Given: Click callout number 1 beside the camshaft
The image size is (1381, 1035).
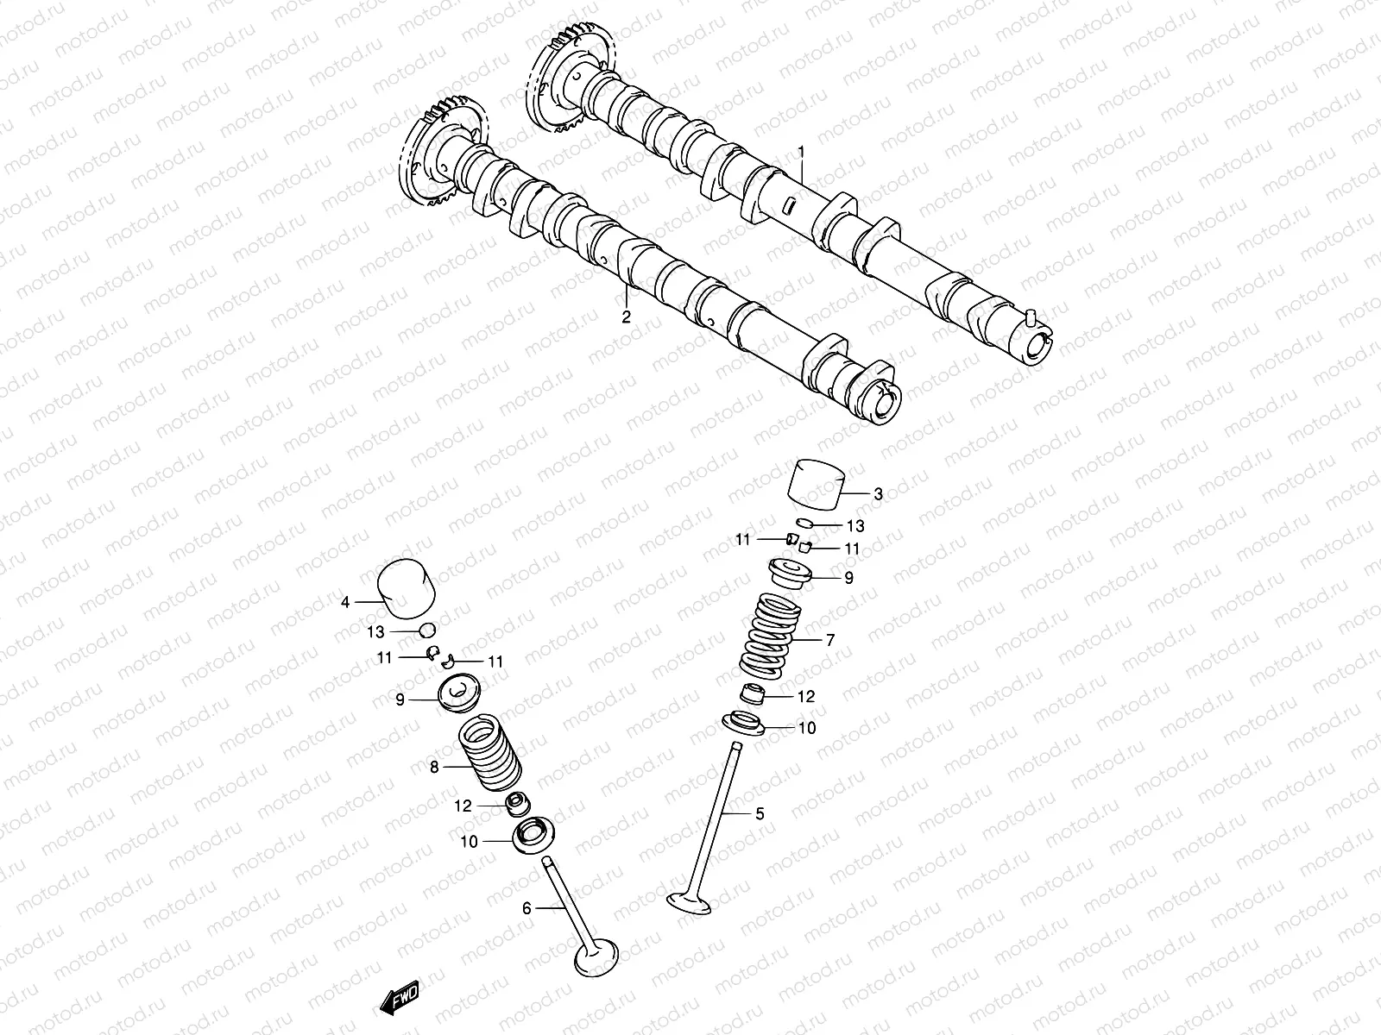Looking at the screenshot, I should coord(801,152).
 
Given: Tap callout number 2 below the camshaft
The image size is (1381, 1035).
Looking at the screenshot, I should coord(627,317).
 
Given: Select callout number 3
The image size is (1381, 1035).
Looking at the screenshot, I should coord(878,494).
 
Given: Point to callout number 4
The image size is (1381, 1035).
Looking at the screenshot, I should coord(345,603).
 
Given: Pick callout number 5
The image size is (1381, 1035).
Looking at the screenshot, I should coord(760,812).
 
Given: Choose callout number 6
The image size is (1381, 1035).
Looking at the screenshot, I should coord(527,906).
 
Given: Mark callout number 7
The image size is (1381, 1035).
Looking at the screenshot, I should coord(830,641).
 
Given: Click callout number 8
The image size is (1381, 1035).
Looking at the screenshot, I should coord(434,766).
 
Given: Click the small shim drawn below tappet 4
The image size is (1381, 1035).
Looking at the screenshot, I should coord(426,630).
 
